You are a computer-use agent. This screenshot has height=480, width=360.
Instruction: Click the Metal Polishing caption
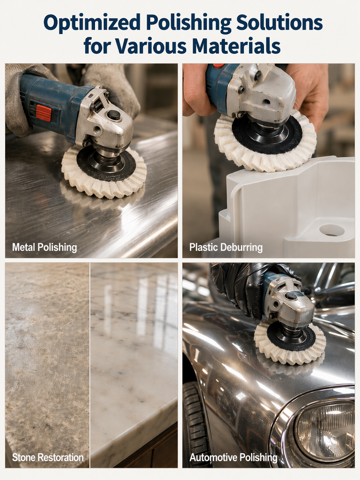click(44, 247)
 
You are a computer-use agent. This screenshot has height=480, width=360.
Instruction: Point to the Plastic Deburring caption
click(226, 247)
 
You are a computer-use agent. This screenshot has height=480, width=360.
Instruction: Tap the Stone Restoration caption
click(48, 457)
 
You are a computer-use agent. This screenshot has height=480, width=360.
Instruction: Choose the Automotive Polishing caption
click(233, 457)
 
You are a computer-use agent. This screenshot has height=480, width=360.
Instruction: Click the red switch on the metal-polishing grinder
click(44, 113)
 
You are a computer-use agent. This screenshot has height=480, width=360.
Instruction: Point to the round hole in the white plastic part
click(332, 230)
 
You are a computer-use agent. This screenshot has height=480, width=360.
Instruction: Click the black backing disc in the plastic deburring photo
click(267, 134)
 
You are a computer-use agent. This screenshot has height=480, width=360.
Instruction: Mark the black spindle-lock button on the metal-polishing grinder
click(114, 115)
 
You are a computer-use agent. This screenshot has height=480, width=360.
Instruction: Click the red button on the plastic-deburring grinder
click(218, 66)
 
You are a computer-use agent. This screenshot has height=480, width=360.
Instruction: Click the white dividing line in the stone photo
click(90, 365)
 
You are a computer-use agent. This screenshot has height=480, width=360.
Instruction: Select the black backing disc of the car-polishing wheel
click(291, 336)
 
